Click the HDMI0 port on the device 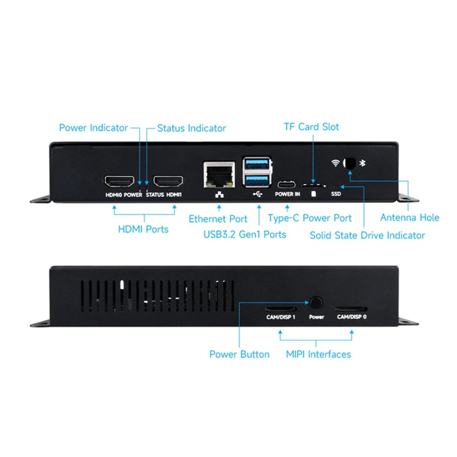[119, 181]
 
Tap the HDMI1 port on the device [168, 181]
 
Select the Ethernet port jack [219, 174]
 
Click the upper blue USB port [257, 165]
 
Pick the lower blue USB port [257, 179]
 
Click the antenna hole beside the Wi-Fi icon [349, 163]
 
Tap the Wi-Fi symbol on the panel [336, 163]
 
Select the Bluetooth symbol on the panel [363, 163]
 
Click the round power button [316, 303]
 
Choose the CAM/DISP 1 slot [281, 309]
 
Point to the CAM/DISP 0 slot [351, 309]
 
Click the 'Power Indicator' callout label [93, 128]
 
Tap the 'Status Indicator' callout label [191, 128]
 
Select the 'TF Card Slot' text [311, 127]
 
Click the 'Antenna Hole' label [410, 217]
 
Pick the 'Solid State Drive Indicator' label [367, 235]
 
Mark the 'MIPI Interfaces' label [318, 354]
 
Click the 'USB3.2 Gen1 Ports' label [244, 234]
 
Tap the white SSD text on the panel [336, 194]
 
